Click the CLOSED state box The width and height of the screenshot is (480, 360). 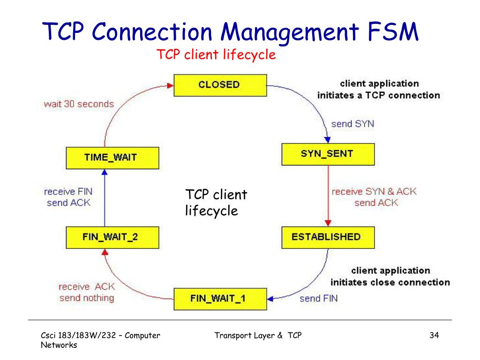(x=220, y=85)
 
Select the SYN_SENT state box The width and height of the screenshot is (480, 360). (x=328, y=154)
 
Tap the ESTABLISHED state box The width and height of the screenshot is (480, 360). (x=328, y=238)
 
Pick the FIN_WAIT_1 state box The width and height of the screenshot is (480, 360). (x=220, y=299)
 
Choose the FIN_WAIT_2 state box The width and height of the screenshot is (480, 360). (x=112, y=238)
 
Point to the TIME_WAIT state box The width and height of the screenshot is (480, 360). (x=112, y=158)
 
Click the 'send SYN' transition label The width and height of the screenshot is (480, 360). (x=352, y=124)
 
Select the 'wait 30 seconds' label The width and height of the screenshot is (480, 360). (x=79, y=104)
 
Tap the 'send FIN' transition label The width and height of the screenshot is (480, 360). (x=318, y=299)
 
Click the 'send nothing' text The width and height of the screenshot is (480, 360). (x=87, y=298)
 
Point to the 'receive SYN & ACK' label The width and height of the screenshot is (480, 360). (x=374, y=192)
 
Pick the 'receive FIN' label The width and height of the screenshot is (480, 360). (x=68, y=192)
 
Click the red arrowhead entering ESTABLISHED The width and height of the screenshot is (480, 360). (x=328, y=223)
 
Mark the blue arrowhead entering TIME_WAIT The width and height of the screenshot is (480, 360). (x=105, y=172)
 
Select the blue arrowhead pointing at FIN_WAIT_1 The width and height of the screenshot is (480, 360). (x=270, y=299)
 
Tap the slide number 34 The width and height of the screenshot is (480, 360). (x=434, y=335)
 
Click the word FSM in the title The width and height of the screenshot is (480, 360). (x=393, y=31)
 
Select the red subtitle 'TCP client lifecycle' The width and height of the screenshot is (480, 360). (x=216, y=55)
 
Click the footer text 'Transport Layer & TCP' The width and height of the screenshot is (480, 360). (x=258, y=336)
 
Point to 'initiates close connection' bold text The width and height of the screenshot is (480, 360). (x=390, y=282)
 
